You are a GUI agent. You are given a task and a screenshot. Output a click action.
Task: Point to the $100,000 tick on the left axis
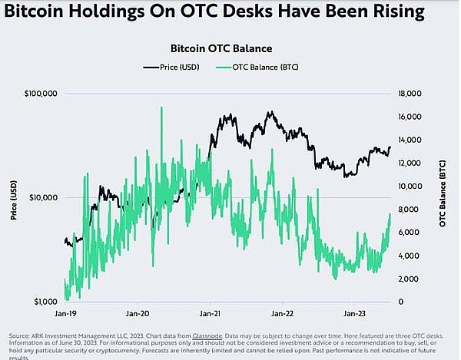41,94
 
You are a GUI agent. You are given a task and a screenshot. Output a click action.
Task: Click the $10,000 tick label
43,197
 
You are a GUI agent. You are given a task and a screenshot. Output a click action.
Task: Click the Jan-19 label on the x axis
65,314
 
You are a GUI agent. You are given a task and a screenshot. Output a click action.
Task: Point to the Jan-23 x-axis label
354,314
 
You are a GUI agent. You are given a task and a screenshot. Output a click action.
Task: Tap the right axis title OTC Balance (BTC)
443,198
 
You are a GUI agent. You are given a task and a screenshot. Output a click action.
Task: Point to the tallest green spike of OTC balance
161,108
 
